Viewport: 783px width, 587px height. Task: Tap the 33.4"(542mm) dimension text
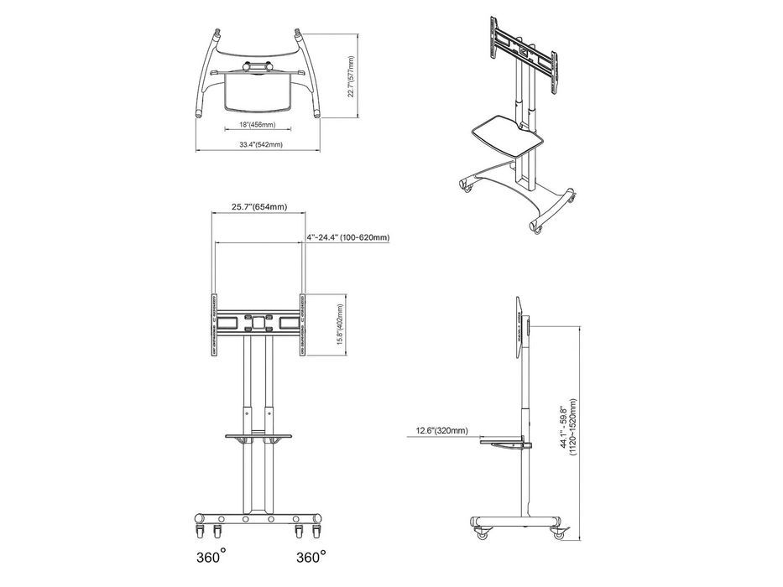click(x=260, y=145)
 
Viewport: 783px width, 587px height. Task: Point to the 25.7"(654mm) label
click(x=260, y=207)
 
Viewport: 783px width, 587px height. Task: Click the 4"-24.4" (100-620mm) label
click(x=347, y=237)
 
